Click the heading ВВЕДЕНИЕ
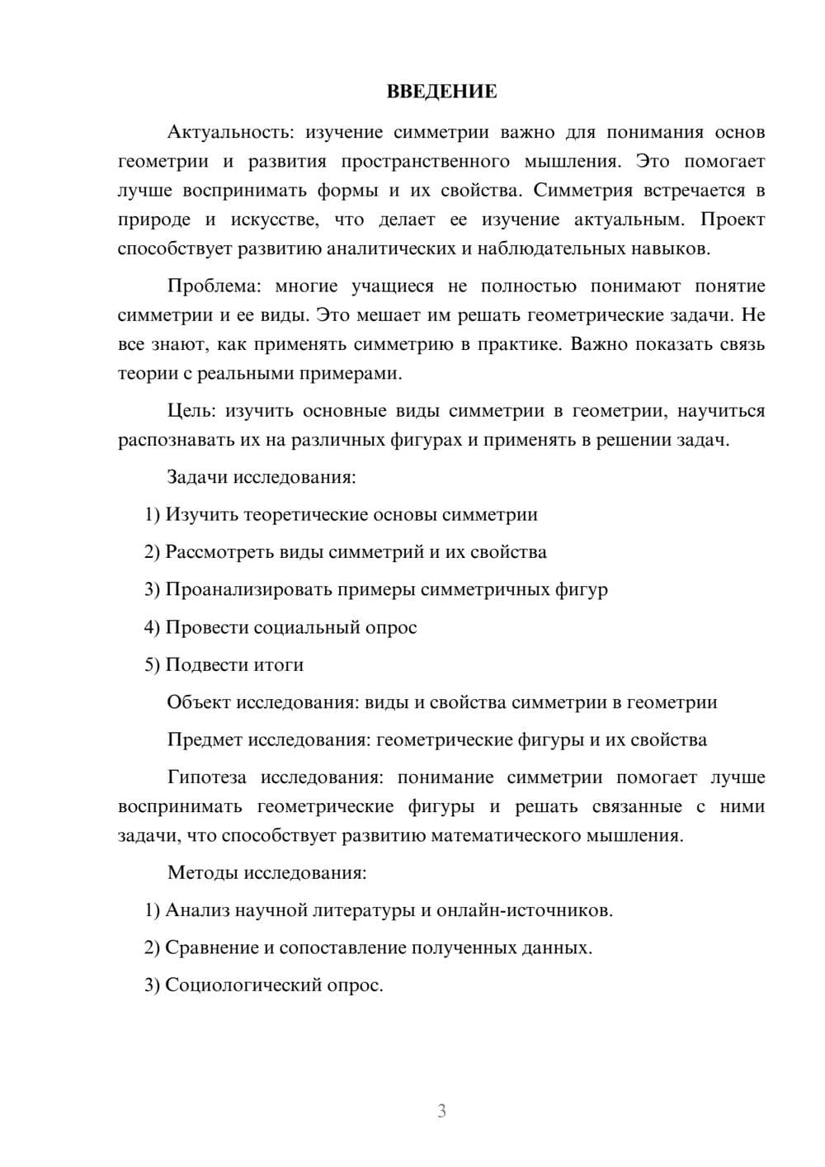tap(441, 92)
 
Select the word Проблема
tap(213, 286)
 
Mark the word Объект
tap(198, 702)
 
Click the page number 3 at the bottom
tap(441, 1111)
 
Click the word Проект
tap(733, 220)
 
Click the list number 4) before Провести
tap(152, 627)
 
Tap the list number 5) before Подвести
tap(152, 665)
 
